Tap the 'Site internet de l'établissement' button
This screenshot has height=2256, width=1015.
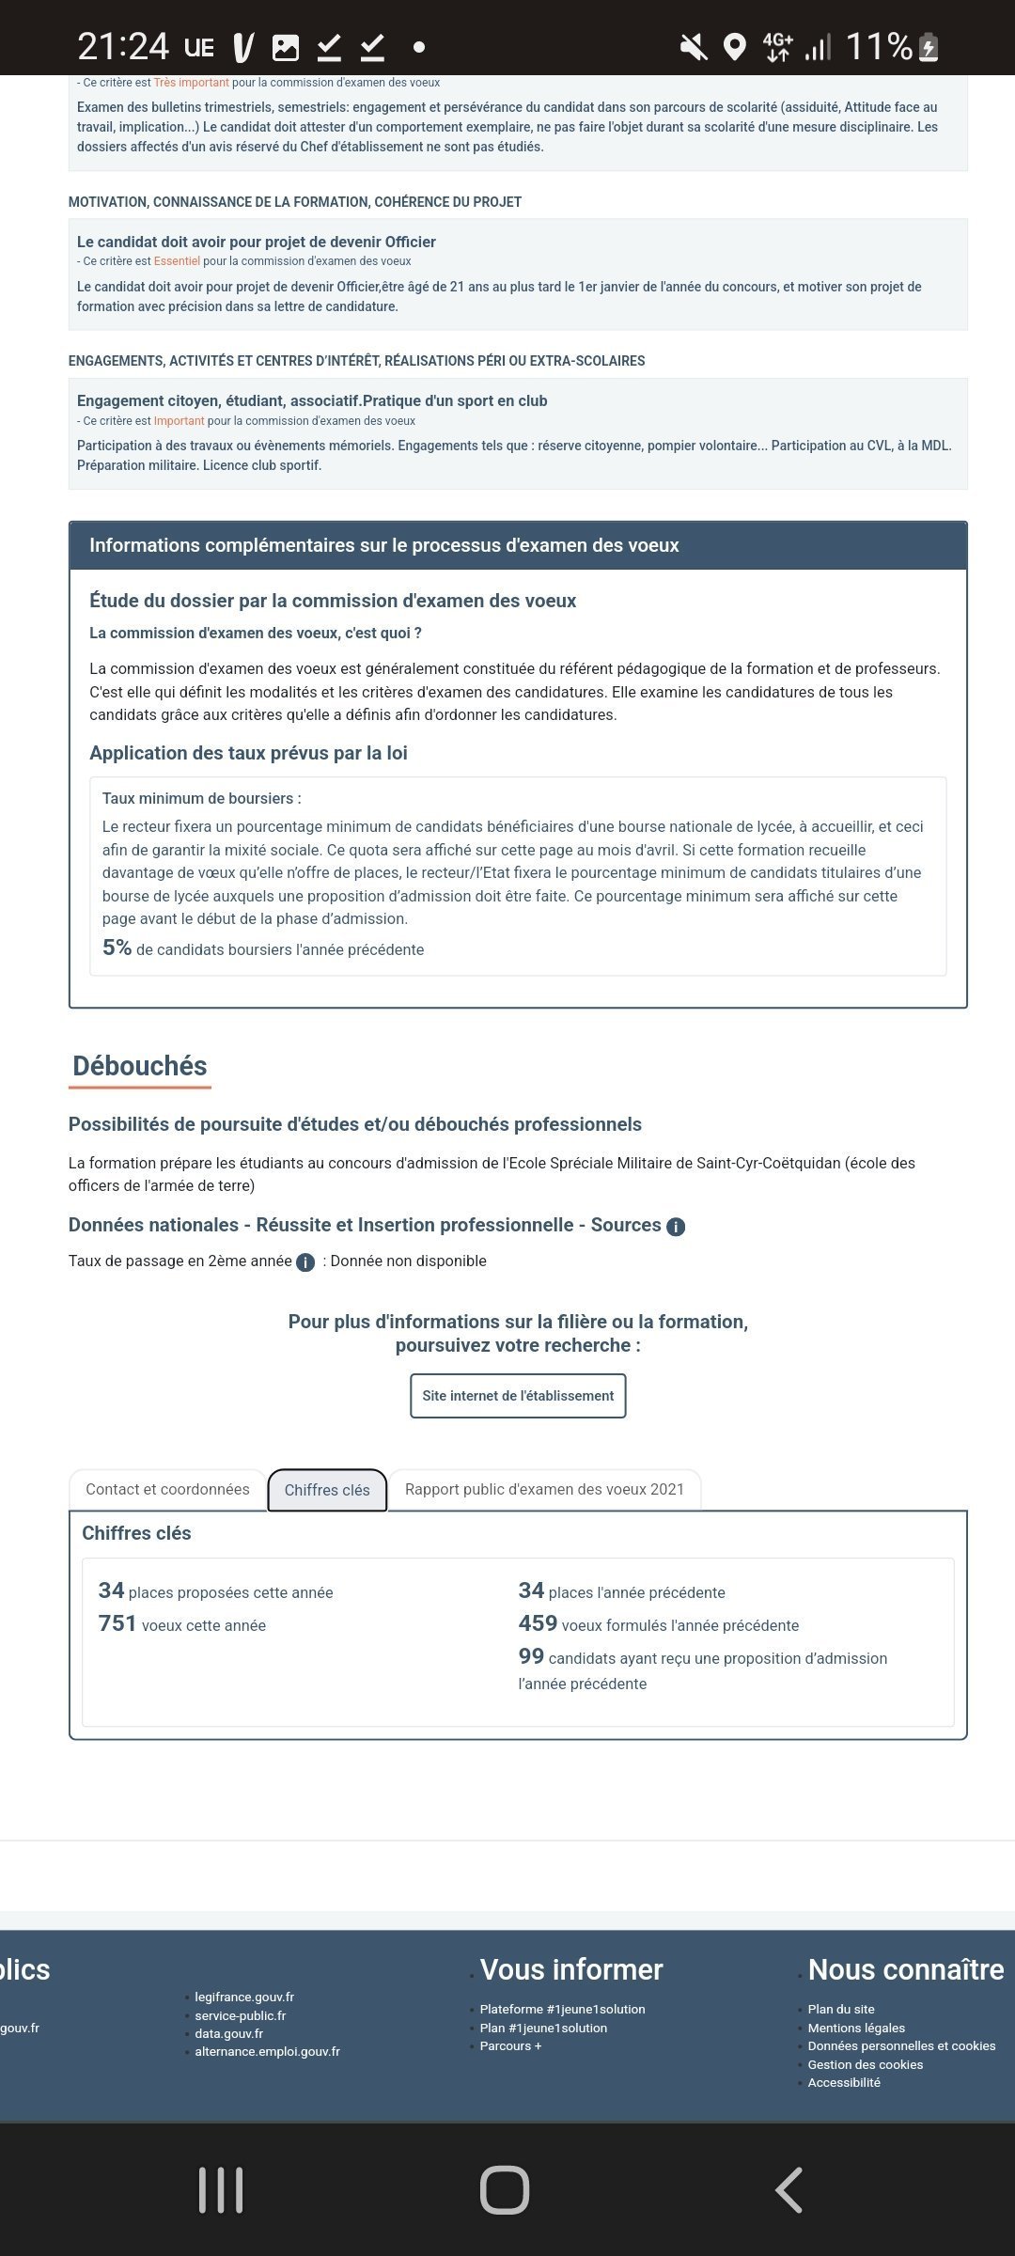[518, 1396]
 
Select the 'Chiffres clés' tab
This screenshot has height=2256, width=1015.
[327, 1490]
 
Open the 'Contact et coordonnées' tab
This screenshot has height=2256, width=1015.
[167, 1489]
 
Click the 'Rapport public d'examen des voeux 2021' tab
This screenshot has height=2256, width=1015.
[544, 1489]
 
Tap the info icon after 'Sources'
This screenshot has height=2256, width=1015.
[676, 1227]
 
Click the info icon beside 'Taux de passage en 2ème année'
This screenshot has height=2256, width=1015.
[305, 1262]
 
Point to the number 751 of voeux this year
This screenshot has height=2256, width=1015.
[117, 1623]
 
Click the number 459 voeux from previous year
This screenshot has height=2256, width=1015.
[538, 1623]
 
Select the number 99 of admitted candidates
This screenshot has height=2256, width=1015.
[531, 1656]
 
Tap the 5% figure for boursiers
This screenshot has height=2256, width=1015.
[117, 948]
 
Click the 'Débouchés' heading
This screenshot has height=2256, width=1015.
[140, 1066]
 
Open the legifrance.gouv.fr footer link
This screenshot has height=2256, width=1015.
[244, 1997]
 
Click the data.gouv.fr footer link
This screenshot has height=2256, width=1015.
[228, 2033]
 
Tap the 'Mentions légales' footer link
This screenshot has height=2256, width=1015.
[856, 2028]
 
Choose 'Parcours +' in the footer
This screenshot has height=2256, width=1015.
[510, 2045]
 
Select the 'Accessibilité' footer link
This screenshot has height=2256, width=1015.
[844, 2082]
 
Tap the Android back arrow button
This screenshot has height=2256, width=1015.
[789, 2190]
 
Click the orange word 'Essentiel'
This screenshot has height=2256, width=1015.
[177, 261]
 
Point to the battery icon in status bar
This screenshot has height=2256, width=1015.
[929, 47]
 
